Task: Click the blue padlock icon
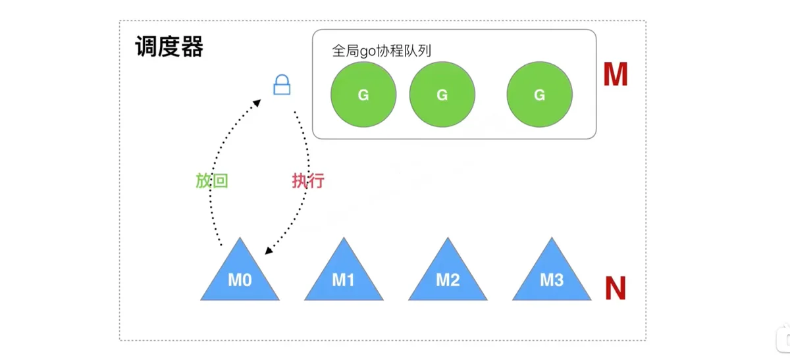click(282, 85)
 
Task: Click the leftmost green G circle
click(363, 95)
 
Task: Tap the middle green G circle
click(442, 95)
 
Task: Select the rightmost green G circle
click(540, 95)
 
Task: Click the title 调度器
click(169, 47)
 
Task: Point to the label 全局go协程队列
click(382, 51)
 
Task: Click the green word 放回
click(212, 181)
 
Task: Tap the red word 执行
click(308, 181)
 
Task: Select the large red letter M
click(616, 74)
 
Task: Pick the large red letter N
click(616, 288)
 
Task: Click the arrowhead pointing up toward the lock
click(257, 103)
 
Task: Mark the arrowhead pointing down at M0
click(269, 250)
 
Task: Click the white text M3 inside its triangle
click(552, 280)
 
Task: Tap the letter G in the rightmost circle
click(540, 95)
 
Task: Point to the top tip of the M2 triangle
click(448, 238)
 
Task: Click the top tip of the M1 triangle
click(344, 238)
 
